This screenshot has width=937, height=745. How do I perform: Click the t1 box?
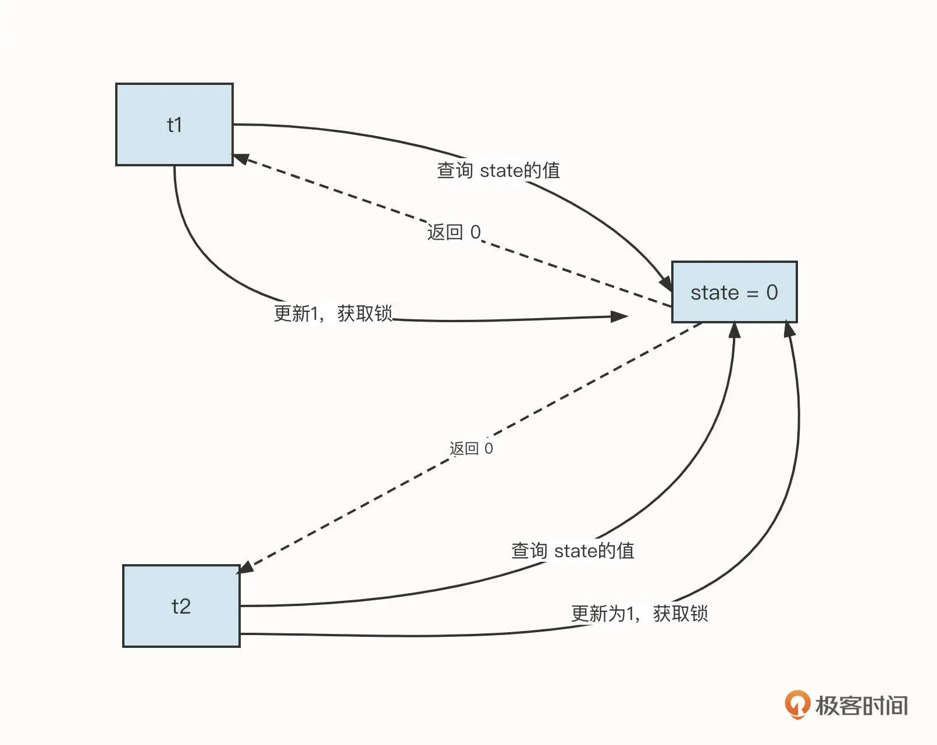pos(174,124)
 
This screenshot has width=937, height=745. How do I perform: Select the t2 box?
pos(181,606)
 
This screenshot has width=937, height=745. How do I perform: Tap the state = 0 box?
pos(734,292)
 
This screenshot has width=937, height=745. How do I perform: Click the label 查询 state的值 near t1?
pos(498,170)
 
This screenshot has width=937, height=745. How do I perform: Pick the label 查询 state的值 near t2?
pos(572,551)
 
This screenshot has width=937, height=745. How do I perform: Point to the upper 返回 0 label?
pos(454,232)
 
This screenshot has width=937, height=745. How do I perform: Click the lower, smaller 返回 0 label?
pos(471,448)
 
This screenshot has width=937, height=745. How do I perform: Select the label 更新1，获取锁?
pos(333,313)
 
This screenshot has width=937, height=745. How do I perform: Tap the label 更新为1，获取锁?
pos(639,614)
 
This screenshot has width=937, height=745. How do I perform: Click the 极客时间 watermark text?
pos(861,705)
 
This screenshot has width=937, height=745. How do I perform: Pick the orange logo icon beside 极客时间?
pos(797,704)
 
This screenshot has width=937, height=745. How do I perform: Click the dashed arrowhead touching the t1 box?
pos(241,158)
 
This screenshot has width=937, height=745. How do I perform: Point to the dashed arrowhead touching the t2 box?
pos(246,567)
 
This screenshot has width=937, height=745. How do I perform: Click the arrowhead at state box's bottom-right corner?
pos(789,330)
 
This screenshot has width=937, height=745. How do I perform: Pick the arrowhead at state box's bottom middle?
pos(735,330)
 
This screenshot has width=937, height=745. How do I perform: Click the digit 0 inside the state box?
pos(772,292)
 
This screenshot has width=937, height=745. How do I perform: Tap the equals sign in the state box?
pos(753,294)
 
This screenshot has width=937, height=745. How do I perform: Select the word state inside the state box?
pos(714,293)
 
